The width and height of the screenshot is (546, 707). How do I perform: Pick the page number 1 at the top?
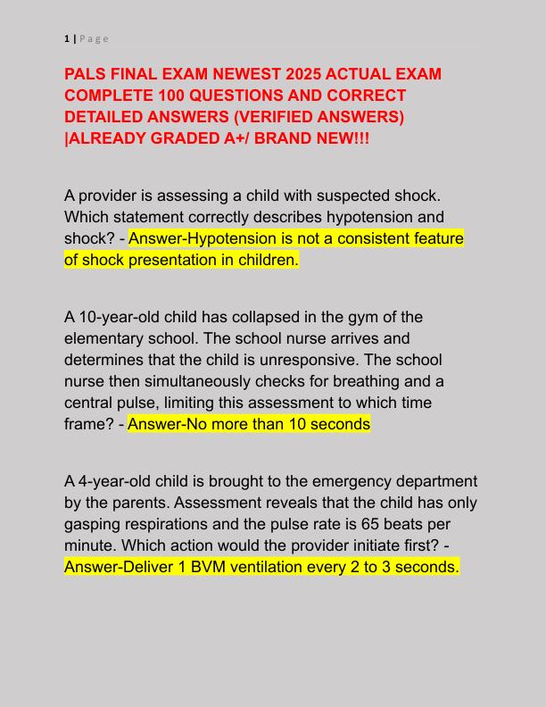tap(67, 38)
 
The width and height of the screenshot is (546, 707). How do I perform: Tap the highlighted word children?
tap(265, 260)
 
